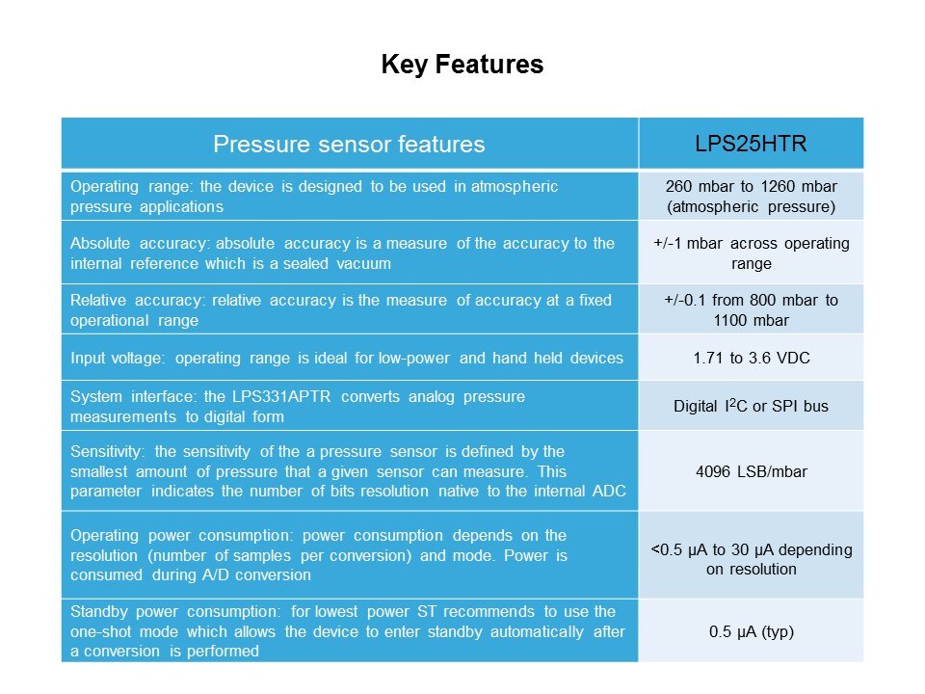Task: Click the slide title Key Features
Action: (462, 65)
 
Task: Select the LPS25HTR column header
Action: (751, 144)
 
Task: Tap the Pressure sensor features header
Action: (349, 144)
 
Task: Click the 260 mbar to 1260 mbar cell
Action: (751, 197)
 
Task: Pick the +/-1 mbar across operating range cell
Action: (751, 254)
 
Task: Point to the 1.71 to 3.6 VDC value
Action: (751, 358)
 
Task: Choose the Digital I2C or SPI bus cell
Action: (751, 406)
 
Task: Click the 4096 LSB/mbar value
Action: (751, 471)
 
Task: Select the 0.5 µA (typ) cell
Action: (751, 631)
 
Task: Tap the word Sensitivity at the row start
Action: (107, 452)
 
